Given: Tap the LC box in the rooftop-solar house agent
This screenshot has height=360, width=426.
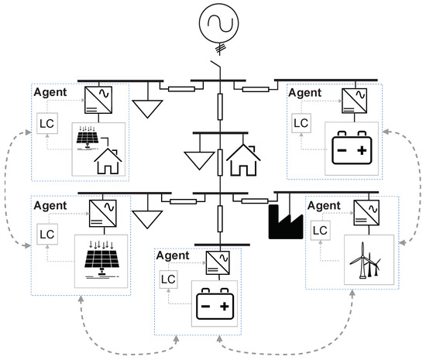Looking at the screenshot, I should [46, 122].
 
